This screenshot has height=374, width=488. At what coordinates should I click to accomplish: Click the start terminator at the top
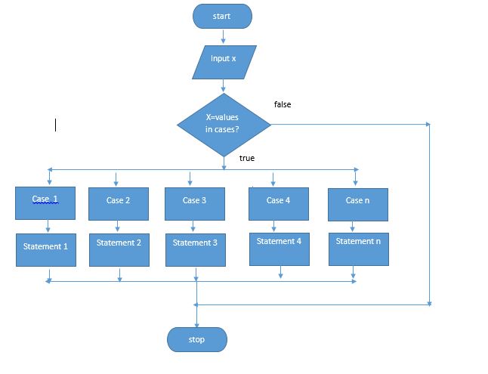[x=222, y=16]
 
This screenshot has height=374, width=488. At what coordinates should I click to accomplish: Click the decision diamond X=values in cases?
[x=224, y=124]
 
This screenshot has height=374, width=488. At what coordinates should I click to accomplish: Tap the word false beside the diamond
[x=282, y=104]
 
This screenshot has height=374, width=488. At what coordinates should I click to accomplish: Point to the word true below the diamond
[x=246, y=158]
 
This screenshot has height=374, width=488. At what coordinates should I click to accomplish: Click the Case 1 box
[x=45, y=202]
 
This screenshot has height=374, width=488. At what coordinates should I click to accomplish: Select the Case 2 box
[x=118, y=203]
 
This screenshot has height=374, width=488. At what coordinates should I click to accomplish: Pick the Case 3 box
[x=194, y=203]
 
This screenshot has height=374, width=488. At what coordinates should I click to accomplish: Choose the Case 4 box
[x=278, y=203]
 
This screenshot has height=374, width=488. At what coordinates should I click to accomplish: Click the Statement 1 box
[x=45, y=249]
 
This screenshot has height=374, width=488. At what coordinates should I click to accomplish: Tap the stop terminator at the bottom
[x=196, y=339]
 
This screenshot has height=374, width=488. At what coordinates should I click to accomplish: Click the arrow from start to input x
[x=223, y=36]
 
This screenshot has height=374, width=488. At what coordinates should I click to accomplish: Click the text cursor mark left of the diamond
[x=55, y=125]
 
